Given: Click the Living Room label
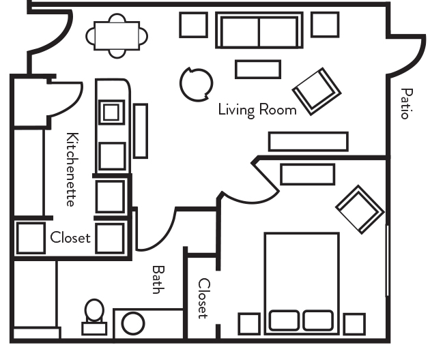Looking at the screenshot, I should [257, 110].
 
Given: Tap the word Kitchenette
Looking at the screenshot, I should [71, 170].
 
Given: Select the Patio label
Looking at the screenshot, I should [406, 104].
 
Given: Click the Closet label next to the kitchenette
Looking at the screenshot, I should [70, 238].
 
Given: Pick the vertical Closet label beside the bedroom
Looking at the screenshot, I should [203, 298].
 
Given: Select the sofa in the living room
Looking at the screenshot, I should [258, 31].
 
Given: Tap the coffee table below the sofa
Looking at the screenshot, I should [257, 70].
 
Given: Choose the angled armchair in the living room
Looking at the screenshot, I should [317, 91].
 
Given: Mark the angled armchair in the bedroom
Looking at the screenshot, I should [360, 207].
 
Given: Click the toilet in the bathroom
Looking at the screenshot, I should [94, 318].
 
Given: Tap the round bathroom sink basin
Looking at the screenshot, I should [133, 323].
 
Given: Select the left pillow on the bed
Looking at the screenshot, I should [284, 320].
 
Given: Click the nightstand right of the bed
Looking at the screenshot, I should [354, 324].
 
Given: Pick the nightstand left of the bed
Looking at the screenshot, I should [248, 324].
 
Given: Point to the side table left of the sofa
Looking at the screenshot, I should [193, 25].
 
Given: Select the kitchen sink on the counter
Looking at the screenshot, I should [112, 111].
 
